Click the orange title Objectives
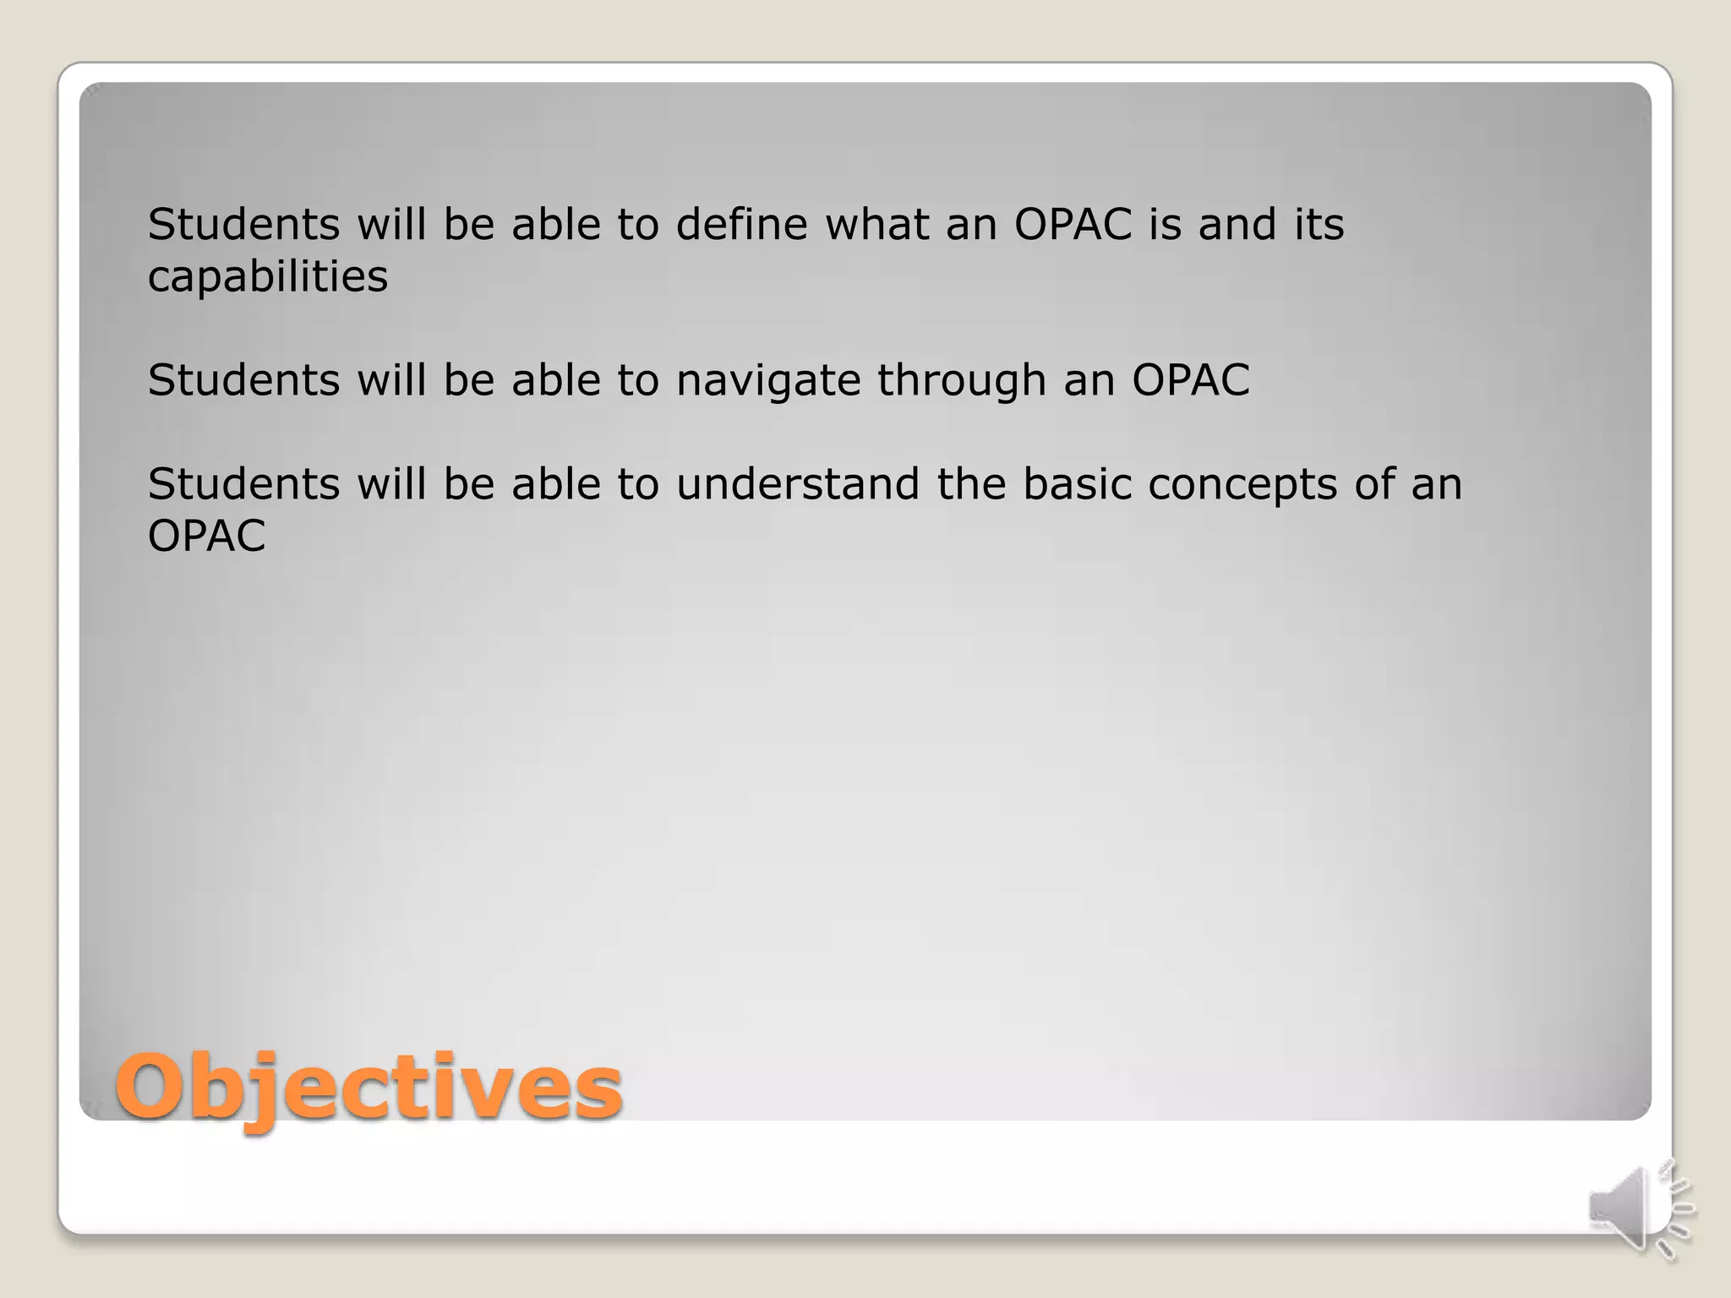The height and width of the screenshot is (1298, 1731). coord(369,1088)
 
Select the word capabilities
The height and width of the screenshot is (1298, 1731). coord(268,277)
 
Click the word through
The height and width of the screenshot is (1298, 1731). coord(962,381)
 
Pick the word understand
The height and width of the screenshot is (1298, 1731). coord(797,484)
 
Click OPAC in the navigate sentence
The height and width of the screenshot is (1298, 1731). coord(1190,380)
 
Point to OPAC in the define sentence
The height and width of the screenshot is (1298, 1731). coord(1073,225)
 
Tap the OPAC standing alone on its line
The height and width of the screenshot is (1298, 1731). coord(207,536)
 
